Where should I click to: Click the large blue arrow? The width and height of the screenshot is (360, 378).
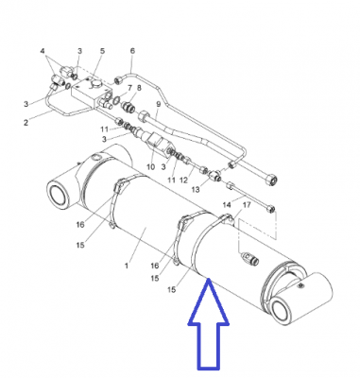pyautogui.click(x=208, y=328)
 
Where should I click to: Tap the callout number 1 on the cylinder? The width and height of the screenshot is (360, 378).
pyautogui.click(x=127, y=266)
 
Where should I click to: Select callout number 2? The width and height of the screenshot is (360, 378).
pyautogui.click(x=26, y=122)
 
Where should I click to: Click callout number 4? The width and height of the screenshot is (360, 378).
pyautogui.click(x=43, y=51)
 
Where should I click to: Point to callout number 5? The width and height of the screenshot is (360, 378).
pyautogui.click(x=102, y=51)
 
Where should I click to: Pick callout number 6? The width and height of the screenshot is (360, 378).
pyautogui.click(x=132, y=51)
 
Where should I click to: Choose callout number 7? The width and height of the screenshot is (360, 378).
pyautogui.click(x=129, y=88)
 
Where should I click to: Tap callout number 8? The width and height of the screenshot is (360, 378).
pyautogui.click(x=139, y=88)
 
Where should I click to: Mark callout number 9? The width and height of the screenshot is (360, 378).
pyautogui.click(x=158, y=104)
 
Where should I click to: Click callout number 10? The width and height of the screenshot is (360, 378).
pyautogui.click(x=151, y=166)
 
